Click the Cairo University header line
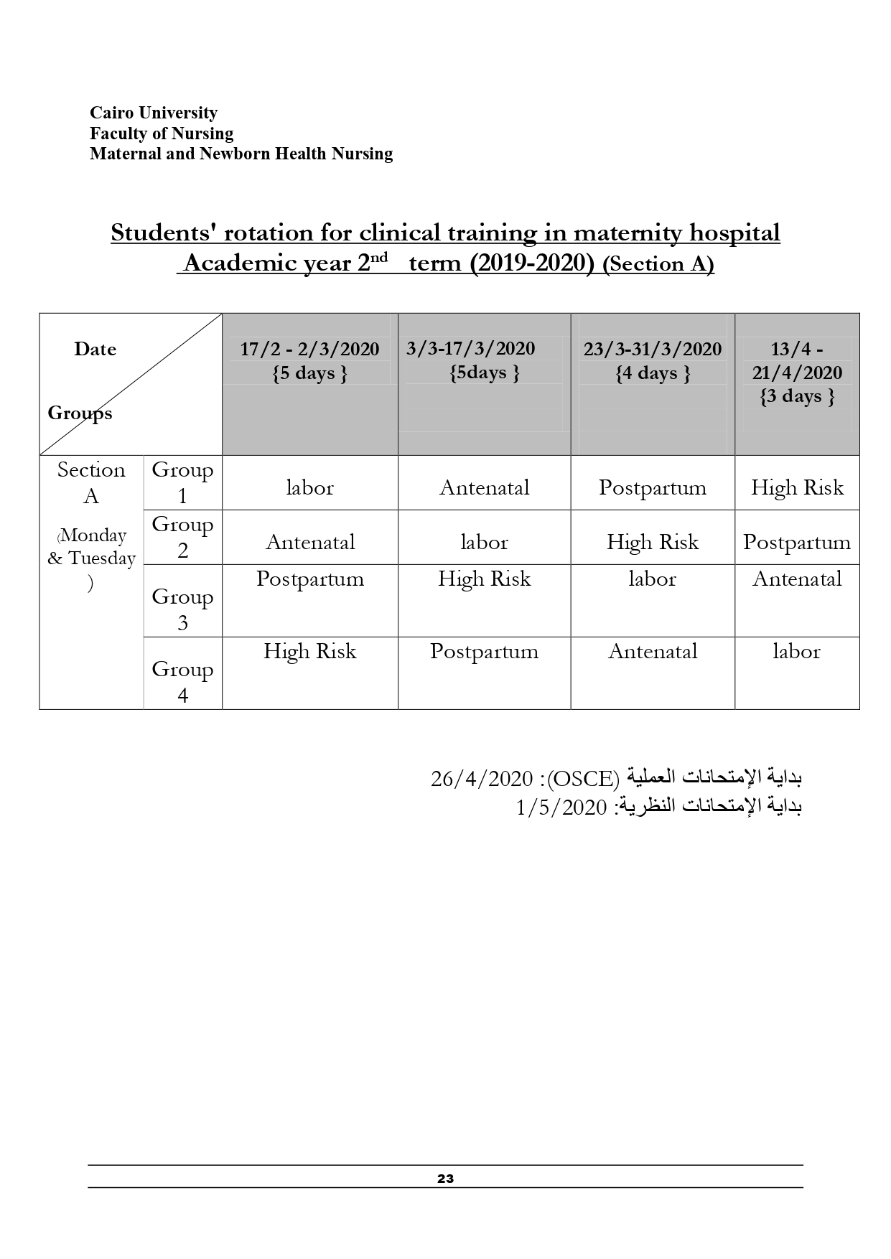point(153,113)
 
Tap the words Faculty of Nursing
point(162,134)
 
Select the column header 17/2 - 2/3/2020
point(309,350)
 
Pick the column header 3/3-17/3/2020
point(470,349)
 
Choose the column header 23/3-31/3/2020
point(652,350)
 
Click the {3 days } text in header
point(797,396)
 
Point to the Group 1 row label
point(182,482)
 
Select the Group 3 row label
point(182,609)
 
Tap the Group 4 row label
point(182,682)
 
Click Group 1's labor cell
point(309,488)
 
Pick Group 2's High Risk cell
point(652,542)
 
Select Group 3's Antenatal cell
point(797,579)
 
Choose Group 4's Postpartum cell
point(484,651)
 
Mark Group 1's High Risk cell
point(797,488)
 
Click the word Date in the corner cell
point(95,350)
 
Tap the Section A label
point(91,482)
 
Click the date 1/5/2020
point(561,808)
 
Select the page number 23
point(445,1178)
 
